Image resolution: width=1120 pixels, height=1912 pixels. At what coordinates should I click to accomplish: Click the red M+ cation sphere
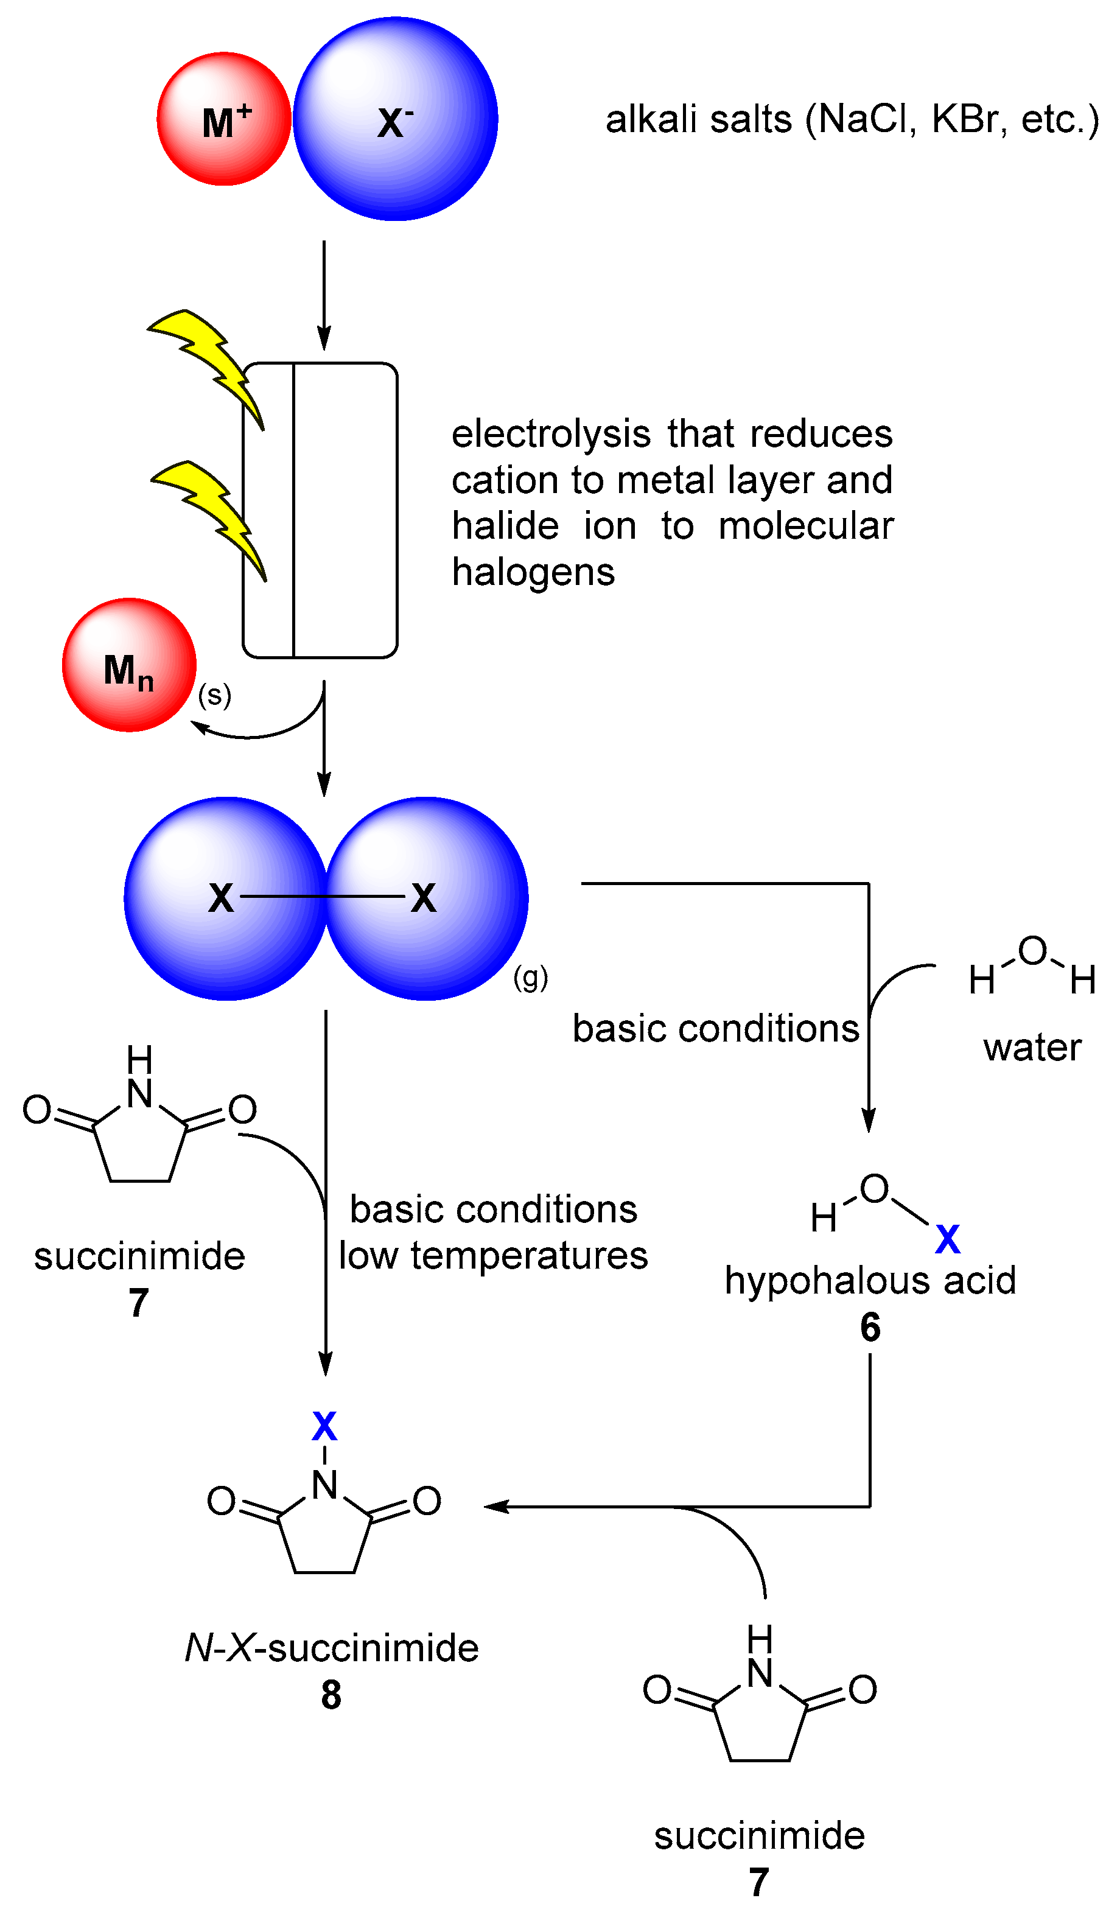[x=224, y=119]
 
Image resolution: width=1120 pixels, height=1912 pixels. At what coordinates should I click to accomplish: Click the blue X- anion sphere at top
[x=395, y=119]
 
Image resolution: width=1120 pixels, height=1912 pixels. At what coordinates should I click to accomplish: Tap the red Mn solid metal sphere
[x=129, y=665]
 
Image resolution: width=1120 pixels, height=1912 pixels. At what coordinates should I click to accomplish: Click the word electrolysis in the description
[x=550, y=434]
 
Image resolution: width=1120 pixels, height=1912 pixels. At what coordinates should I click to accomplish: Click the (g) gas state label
[x=530, y=978]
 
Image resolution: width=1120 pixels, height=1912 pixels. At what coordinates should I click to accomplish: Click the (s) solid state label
[x=214, y=695]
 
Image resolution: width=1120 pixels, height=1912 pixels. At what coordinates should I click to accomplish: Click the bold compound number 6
[x=870, y=1327]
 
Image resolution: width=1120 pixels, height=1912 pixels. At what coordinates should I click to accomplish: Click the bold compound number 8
[x=331, y=1695]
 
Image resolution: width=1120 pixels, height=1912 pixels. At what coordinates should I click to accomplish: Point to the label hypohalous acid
[x=870, y=1281]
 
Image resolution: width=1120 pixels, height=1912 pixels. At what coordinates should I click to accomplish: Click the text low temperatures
[x=493, y=1256]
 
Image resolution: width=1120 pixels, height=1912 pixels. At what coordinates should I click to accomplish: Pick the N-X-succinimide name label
[x=332, y=1648]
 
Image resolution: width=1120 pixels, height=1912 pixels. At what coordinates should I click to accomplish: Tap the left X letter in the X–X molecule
[x=221, y=898]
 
